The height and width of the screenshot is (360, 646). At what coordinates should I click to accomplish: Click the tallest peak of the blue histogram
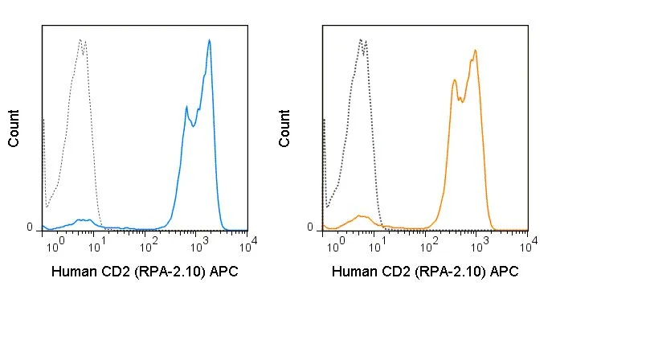[209, 40]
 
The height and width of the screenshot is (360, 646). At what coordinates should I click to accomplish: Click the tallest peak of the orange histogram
[476, 51]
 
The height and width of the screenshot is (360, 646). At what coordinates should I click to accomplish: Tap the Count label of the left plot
[14, 128]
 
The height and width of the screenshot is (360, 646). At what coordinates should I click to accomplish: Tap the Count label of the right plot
[284, 128]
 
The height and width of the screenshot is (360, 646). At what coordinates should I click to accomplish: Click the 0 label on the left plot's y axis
[30, 227]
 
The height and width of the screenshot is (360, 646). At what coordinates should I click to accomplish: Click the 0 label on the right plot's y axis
[310, 227]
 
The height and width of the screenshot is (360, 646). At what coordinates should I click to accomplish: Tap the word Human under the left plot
[73, 272]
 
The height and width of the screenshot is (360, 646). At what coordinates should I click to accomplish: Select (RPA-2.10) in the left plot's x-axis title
[170, 272]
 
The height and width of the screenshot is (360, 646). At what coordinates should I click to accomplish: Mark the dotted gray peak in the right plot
[362, 40]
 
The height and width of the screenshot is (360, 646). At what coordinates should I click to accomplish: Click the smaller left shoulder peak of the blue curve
[186, 107]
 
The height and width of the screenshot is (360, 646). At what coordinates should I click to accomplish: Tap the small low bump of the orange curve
[361, 216]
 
